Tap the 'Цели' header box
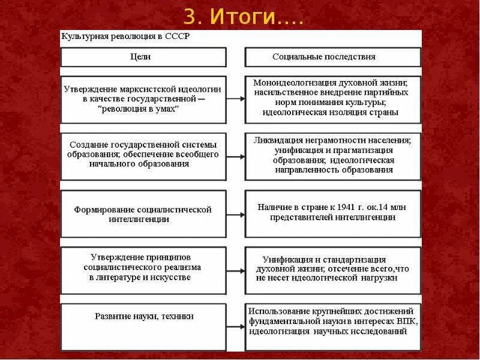(143, 57)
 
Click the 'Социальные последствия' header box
(333, 57)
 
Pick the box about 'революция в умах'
(143, 98)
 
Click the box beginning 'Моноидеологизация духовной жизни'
(333, 97)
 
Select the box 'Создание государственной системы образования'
(143, 155)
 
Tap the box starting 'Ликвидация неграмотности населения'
(333, 155)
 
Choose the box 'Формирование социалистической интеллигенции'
(143, 214)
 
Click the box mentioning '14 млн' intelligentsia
(333, 212)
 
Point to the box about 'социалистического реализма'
(143, 268)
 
